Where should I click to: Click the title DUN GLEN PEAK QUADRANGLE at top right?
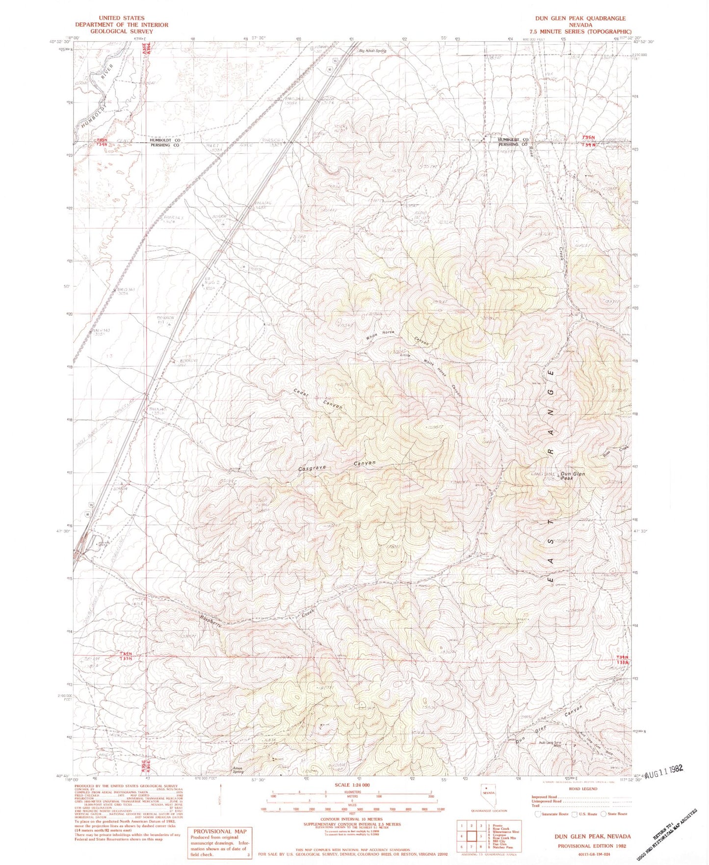tap(580, 18)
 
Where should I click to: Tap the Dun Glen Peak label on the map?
tap(573, 476)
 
